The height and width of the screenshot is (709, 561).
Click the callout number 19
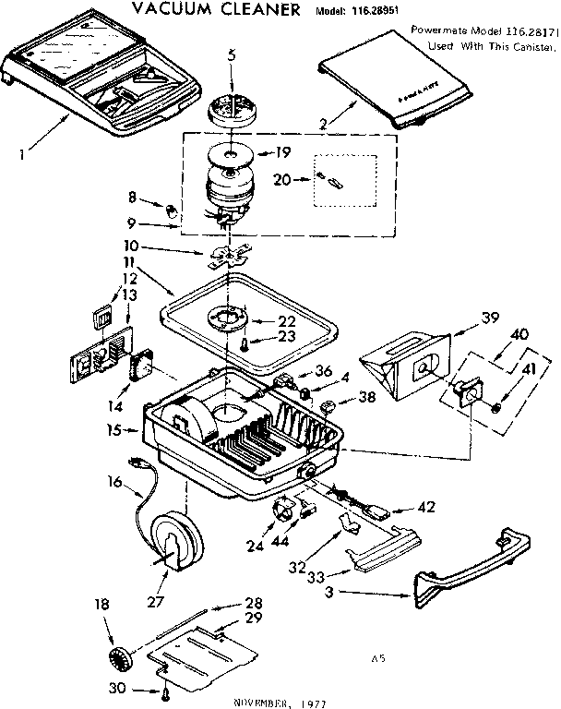[282, 152]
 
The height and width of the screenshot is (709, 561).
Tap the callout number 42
[425, 507]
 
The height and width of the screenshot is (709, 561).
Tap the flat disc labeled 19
[230, 150]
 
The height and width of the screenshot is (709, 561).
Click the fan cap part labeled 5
[232, 108]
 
